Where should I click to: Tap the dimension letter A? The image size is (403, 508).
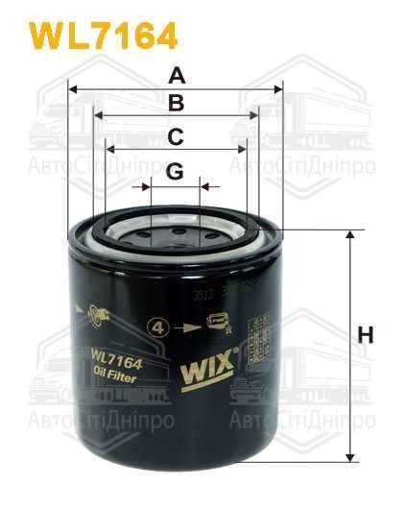click(x=176, y=75)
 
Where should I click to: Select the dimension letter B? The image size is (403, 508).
click(x=176, y=104)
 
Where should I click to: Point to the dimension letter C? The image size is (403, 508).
click(x=176, y=137)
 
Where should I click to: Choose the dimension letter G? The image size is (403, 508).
click(x=174, y=171)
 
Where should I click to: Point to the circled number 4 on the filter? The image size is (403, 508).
click(x=156, y=327)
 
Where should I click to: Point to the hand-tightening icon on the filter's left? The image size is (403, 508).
click(x=92, y=312)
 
